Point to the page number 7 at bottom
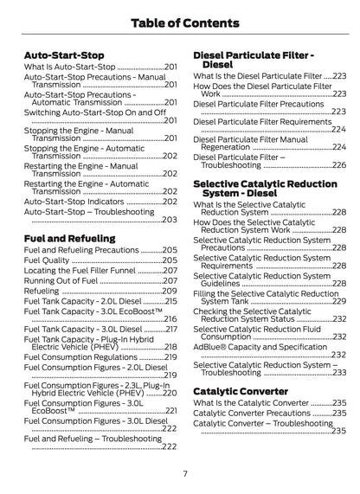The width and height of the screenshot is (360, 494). (184, 472)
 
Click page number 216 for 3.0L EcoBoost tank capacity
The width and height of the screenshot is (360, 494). (170, 318)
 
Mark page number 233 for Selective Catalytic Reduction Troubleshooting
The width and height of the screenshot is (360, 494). (338, 372)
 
